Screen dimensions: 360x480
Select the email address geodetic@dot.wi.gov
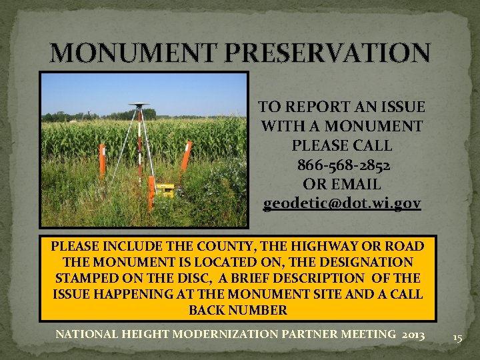coord(342,202)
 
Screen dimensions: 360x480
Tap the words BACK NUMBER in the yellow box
coord(238,310)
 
